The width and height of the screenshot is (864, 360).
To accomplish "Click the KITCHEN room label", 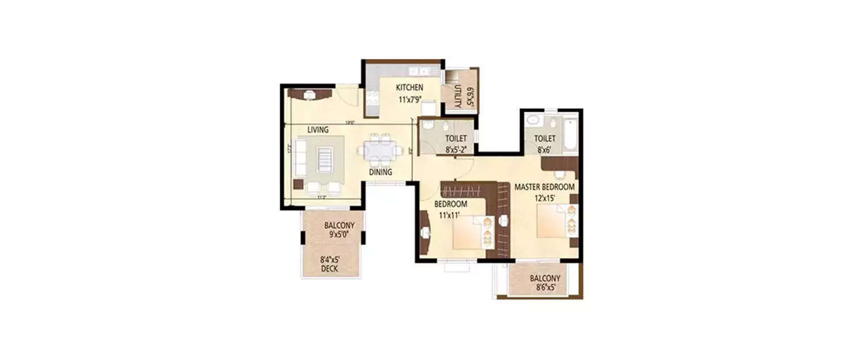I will pos(410,88).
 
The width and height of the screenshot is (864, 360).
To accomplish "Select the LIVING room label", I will pos(317,130).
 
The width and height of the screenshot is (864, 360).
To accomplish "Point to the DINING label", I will pos(381,172).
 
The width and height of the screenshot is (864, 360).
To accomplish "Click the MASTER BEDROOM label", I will pos(544,187).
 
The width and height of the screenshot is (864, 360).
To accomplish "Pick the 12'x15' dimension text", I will pos(544,198).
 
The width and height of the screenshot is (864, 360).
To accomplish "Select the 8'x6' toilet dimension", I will pos(544,149).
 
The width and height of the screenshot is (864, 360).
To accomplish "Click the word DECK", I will pos(329,269).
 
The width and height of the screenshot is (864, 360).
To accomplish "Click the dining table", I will pos(380,150).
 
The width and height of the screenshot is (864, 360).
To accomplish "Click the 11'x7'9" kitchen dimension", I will pos(410,99).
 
